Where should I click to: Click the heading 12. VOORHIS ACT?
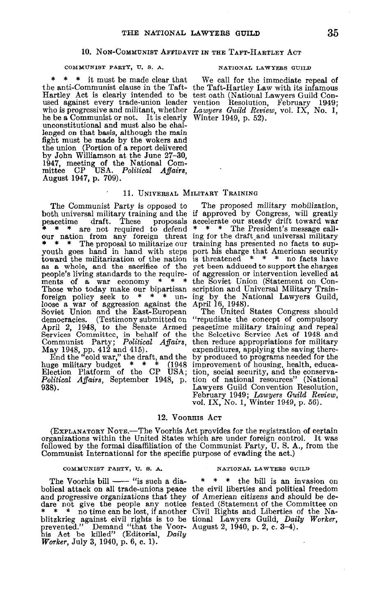[190, 418]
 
